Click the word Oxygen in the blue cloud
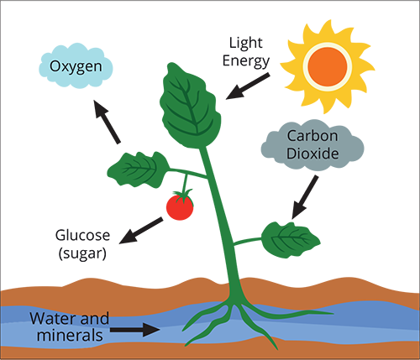click(76, 67)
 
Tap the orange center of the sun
click(328, 67)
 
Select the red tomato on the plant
click(180, 207)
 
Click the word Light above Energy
click(245, 44)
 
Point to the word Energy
click(246, 61)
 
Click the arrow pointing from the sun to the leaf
click(248, 86)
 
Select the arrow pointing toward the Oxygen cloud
click(107, 122)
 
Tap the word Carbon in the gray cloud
click(312, 136)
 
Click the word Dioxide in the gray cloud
click(312, 154)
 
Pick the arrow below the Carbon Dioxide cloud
click(305, 197)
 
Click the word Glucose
click(82, 235)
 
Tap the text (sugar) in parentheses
click(82, 253)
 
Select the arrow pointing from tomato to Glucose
click(141, 230)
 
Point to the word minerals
click(70, 336)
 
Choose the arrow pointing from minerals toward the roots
click(135, 330)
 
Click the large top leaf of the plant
click(191, 107)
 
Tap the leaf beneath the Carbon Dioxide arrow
click(291, 240)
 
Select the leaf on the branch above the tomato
click(139, 170)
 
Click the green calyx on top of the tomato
click(183, 195)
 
